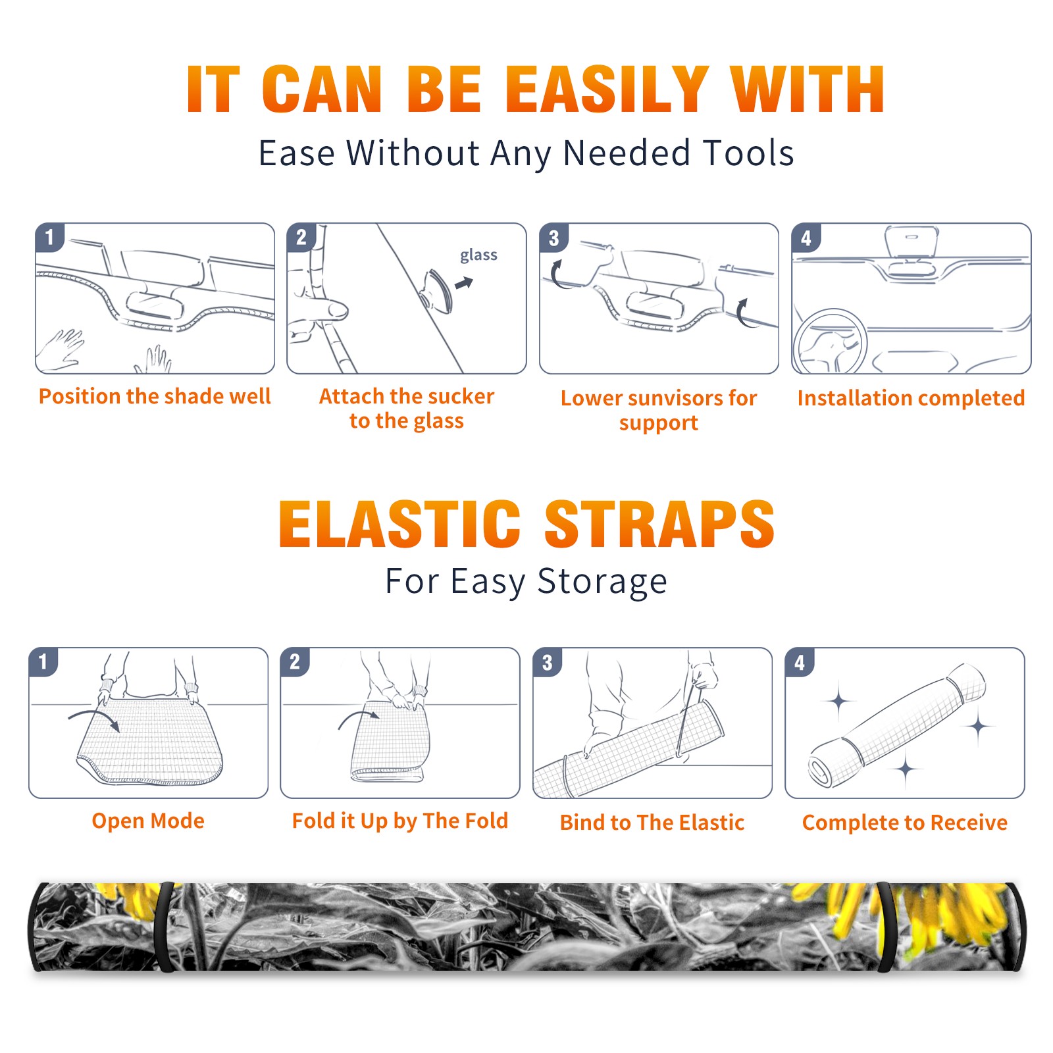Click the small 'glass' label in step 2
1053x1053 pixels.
click(478, 255)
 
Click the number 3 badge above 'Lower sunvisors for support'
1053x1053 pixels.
click(553, 238)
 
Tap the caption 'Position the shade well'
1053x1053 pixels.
click(155, 396)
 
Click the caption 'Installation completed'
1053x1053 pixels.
click(911, 398)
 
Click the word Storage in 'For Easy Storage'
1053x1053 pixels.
click(602, 582)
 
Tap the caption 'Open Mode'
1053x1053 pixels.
click(148, 821)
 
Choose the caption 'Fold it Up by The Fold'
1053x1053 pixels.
click(400, 821)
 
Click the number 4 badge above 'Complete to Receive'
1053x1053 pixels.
click(800, 662)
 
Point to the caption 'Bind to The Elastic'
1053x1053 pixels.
click(652, 822)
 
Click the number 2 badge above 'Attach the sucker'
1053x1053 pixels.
click(301, 238)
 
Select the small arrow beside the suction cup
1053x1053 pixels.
click(465, 283)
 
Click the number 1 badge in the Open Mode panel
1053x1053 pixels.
click(43, 662)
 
